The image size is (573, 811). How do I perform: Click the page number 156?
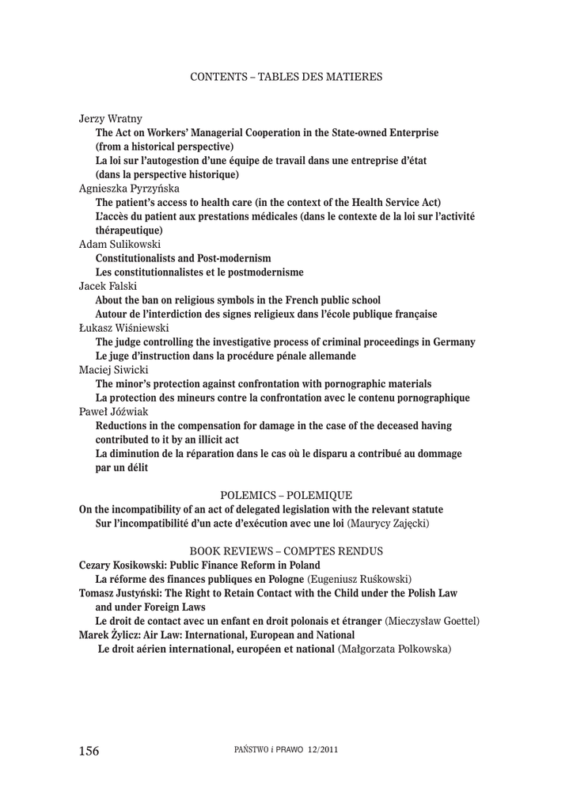click(89, 751)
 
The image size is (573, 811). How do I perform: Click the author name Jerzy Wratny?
click(111, 118)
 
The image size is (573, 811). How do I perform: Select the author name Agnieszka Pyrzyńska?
click(129, 188)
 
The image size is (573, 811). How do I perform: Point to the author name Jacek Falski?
click(106, 287)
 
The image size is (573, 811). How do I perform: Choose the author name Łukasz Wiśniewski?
click(125, 328)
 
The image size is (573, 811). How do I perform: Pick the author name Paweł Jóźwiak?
click(112, 412)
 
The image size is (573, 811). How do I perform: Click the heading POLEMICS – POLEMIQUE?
click(286, 494)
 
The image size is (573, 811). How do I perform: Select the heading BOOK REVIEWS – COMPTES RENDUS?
click(286, 550)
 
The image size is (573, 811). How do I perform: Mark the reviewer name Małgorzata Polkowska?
click(394, 649)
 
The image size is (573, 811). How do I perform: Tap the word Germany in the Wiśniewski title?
click(450, 342)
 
